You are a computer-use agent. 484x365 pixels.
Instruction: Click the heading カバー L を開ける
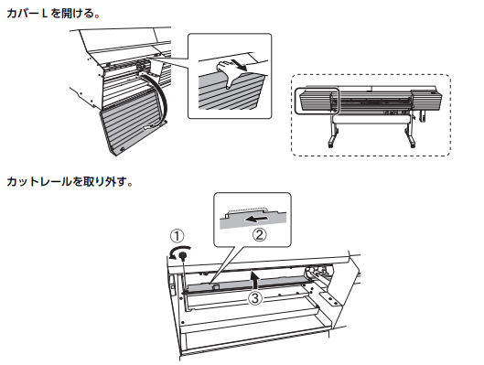pos(53,14)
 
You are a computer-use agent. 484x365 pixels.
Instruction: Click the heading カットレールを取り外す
pos(70,182)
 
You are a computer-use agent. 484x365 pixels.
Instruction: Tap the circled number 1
pos(177,236)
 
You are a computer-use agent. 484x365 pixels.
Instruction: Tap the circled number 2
pos(259,235)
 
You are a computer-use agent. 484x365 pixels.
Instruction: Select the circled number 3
pos(255,298)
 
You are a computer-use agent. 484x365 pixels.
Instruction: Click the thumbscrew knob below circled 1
pos(183,255)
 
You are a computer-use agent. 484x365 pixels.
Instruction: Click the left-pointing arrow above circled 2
pos(256,219)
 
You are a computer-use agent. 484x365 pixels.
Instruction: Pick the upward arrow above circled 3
pos(254,280)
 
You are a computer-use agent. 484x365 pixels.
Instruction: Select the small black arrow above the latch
pos(240,65)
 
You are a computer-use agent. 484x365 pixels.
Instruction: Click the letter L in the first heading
pos(44,14)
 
